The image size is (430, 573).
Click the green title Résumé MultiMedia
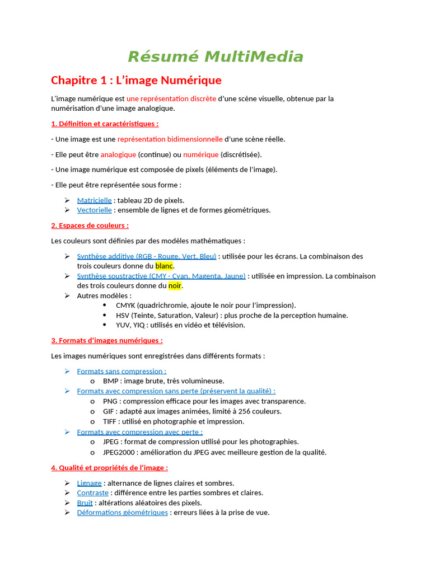click(x=216, y=57)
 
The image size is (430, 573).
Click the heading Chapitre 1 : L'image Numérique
click(x=136, y=80)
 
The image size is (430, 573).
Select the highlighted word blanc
click(x=164, y=266)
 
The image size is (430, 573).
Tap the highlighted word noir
click(x=175, y=285)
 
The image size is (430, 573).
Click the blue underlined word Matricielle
click(x=94, y=200)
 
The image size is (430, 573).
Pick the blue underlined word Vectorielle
click(x=94, y=210)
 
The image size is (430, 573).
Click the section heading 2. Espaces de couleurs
click(x=90, y=226)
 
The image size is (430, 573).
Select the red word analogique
click(x=118, y=154)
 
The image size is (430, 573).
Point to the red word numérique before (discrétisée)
click(x=200, y=154)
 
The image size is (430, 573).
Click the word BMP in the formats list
click(x=110, y=381)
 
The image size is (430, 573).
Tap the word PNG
click(x=110, y=401)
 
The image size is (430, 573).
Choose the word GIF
click(x=109, y=411)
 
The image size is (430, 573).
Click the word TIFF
click(x=110, y=421)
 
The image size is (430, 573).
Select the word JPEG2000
click(x=121, y=452)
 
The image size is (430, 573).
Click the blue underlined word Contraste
click(x=92, y=492)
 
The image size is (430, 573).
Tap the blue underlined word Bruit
click(x=85, y=502)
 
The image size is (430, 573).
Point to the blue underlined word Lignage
click(x=89, y=482)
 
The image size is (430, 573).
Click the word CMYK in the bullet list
click(x=126, y=305)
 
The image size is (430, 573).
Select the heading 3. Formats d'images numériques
click(x=106, y=340)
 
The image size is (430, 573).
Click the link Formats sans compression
click(x=121, y=371)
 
